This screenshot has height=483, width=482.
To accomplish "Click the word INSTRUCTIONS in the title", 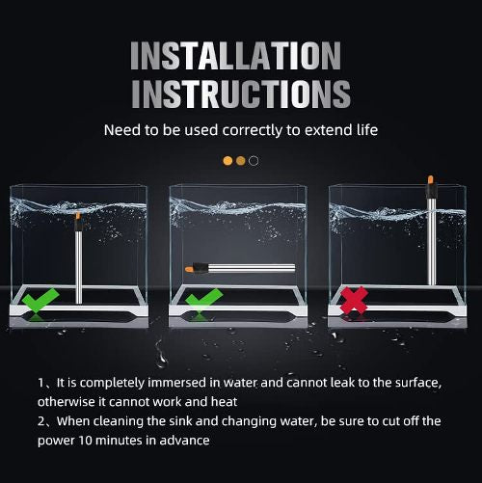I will coord(240,94).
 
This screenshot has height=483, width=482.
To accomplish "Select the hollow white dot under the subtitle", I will coord(254,160).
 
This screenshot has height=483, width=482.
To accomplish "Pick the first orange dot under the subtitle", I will coord(228,160).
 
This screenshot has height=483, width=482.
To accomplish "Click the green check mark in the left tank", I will coord(40,303).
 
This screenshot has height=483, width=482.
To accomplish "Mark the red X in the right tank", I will coord(355,302).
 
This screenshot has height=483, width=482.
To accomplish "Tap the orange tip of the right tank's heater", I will coord(431,179).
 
